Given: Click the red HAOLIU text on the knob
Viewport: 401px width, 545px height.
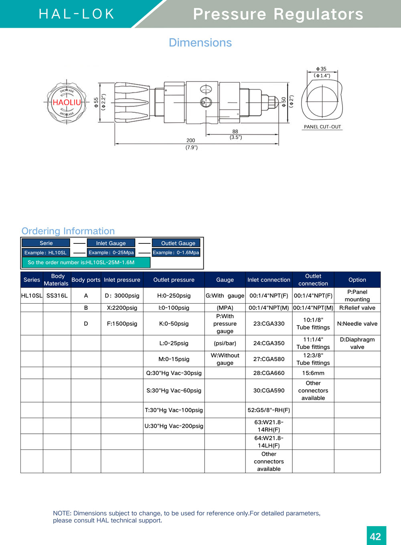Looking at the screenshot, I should point(67,102).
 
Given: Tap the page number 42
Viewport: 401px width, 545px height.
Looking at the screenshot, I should point(376,537).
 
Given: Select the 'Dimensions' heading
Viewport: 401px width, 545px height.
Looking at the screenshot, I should point(200,43).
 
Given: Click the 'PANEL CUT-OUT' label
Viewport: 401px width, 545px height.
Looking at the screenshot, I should point(322,127).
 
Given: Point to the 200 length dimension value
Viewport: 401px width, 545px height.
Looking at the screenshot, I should point(191,141).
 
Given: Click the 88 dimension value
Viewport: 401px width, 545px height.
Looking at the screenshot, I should point(235,132).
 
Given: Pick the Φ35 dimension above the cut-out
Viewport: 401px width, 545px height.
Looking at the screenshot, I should point(321,69).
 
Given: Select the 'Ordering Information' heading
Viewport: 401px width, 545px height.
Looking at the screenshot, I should point(68,231).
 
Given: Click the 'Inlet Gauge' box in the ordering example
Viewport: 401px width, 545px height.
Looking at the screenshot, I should point(111,243).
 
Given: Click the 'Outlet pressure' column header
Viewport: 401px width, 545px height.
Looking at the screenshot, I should point(174,280).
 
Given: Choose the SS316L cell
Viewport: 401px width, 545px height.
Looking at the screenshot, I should point(57,296).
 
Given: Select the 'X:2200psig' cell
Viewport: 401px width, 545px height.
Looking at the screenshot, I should point(122,308).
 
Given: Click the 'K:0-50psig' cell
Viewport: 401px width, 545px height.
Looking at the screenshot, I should point(174,324).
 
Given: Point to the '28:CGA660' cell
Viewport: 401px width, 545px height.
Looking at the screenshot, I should point(269,373).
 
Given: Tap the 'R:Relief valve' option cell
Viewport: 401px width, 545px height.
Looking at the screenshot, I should point(357,308).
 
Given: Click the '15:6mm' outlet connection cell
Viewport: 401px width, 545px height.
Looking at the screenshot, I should point(313,373).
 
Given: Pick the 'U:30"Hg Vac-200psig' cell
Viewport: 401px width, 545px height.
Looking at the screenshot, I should point(174,426).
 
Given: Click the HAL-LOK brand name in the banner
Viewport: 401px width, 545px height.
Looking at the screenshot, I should point(77,14).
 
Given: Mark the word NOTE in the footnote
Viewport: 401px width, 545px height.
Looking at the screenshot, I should point(62,513).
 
